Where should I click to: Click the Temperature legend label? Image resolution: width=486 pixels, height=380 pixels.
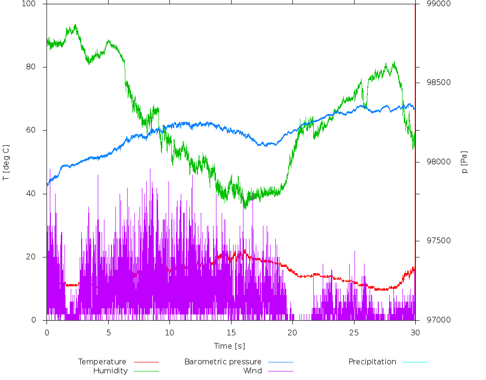[x=102, y=362]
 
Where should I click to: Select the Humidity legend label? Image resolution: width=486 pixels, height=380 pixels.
[x=110, y=371]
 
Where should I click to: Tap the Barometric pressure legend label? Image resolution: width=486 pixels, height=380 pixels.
[x=223, y=362]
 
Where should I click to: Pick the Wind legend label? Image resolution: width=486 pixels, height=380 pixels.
[x=252, y=371]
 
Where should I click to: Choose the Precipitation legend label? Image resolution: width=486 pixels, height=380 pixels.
[x=372, y=362]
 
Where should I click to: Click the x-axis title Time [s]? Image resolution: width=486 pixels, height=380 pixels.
[x=229, y=346]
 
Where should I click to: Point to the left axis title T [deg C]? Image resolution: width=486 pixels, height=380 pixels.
[x=6, y=162]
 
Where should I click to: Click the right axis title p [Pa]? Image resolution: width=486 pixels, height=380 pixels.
[x=465, y=162]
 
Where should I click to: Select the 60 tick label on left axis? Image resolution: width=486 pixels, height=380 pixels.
[x=37, y=131]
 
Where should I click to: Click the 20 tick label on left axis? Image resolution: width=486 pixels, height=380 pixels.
[x=37, y=257]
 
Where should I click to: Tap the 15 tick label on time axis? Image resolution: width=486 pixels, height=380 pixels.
[x=231, y=332]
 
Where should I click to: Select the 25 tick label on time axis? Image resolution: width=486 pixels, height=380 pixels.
[x=354, y=332]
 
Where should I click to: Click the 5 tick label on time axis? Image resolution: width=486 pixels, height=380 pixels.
[x=108, y=332]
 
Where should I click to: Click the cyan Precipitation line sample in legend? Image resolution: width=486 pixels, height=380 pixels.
[x=415, y=362]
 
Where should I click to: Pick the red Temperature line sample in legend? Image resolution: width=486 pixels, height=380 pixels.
[x=146, y=362]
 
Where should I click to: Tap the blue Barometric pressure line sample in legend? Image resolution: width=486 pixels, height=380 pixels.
[x=280, y=362]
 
